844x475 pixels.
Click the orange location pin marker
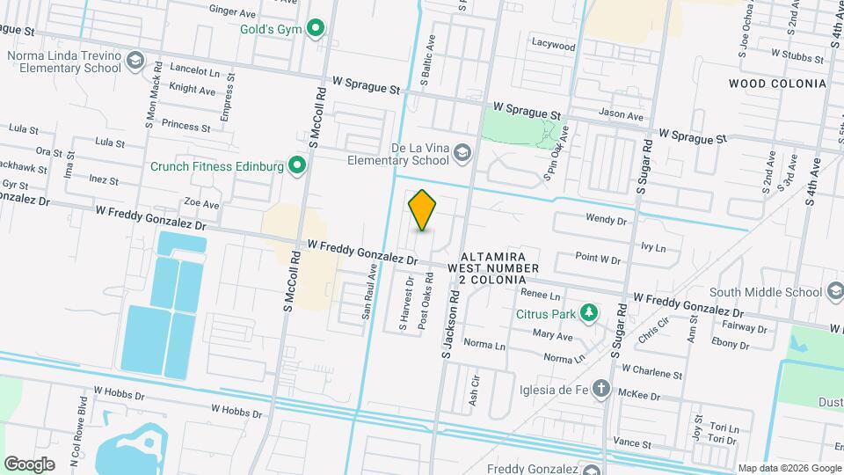pyautogui.click(x=423, y=210)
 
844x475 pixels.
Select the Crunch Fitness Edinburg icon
pyautogui.click(x=298, y=165)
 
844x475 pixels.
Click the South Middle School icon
pyautogui.click(x=835, y=292)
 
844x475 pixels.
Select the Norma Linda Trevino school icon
pyautogui.click(x=135, y=61)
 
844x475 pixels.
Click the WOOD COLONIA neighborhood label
pyautogui.click(x=777, y=84)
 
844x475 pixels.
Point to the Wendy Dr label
pyautogui.click(x=605, y=220)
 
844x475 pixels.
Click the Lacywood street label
pyautogui.click(x=553, y=45)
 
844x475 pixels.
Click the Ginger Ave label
pyautogui.click(x=232, y=10)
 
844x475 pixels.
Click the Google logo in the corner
pyautogui.click(x=29, y=464)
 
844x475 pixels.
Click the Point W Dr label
pyautogui.click(x=598, y=259)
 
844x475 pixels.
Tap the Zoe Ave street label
pyautogui.click(x=201, y=204)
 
